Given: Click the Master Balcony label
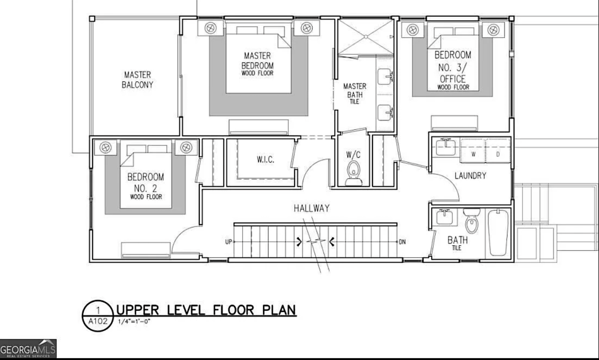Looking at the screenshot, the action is pyautogui.click(x=137, y=80).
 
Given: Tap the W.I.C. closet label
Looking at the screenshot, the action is pyautogui.click(x=265, y=160).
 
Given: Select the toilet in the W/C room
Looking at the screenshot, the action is pyautogui.click(x=354, y=172).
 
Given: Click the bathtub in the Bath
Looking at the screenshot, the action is pyautogui.click(x=498, y=233).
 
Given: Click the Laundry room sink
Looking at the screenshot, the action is pyautogui.click(x=445, y=148).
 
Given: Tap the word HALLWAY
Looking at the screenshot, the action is pyautogui.click(x=311, y=208).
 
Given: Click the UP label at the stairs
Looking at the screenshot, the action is pyautogui.click(x=228, y=242).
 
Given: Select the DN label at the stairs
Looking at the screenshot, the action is pyautogui.click(x=402, y=242).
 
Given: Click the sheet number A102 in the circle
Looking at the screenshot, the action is pyautogui.click(x=98, y=321).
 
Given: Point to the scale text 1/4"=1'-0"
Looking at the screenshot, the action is pyautogui.click(x=134, y=322).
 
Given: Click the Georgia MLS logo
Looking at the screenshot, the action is pyautogui.click(x=28, y=349).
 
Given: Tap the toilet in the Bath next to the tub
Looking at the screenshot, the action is pyautogui.click(x=472, y=221).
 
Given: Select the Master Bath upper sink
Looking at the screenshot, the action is pyautogui.click(x=385, y=77).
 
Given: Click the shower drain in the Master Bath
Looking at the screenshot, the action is pyautogui.click(x=366, y=37).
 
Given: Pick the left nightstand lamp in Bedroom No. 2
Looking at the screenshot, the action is pyautogui.click(x=105, y=147).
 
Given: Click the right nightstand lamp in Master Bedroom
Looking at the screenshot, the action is pyautogui.click(x=306, y=28).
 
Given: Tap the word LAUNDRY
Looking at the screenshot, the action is pyautogui.click(x=470, y=176).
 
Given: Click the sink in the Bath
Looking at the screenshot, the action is pyautogui.click(x=445, y=217).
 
